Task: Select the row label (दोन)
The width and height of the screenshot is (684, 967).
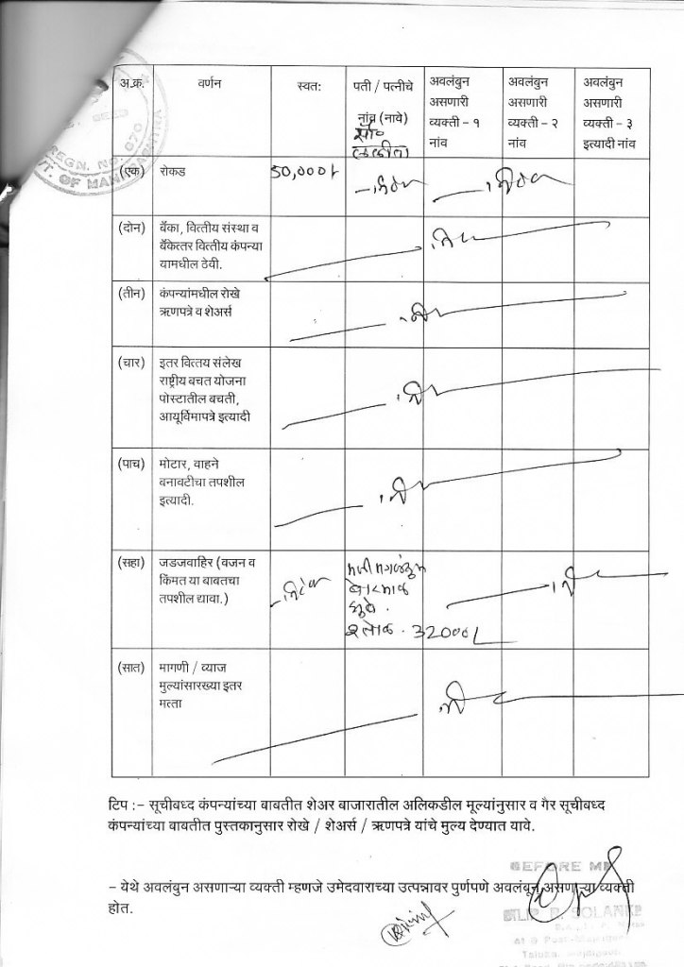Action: coord(131,228)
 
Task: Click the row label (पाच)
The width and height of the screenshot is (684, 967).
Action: coord(131,465)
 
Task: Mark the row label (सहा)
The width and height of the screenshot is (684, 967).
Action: coord(131,564)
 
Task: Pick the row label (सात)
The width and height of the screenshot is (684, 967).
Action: coord(131,669)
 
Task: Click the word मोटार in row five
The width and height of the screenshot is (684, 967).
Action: coord(176,465)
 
